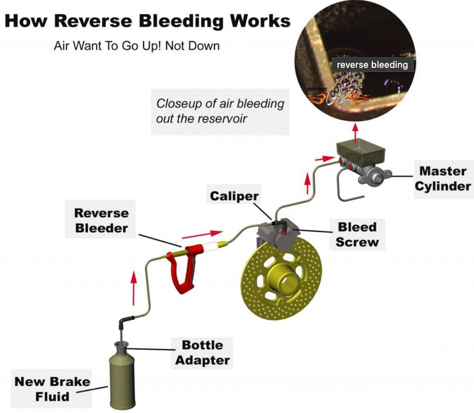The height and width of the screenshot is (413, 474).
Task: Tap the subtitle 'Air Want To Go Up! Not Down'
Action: tap(137, 45)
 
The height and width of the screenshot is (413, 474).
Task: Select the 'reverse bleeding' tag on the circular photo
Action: tap(372, 65)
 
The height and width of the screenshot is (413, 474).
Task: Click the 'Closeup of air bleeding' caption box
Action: tap(220, 111)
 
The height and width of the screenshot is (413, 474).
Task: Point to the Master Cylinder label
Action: tap(443, 179)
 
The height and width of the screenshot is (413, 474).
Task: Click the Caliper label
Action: tap(234, 196)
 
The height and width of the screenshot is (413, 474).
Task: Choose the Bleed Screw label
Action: tap(357, 234)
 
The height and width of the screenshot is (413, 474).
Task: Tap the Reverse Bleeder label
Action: tap(101, 220)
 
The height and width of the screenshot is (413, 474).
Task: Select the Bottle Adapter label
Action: tap(202, 353)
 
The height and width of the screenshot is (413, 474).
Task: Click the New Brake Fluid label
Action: tap(52, 389)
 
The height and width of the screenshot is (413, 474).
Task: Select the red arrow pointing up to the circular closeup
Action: tap(355, 131)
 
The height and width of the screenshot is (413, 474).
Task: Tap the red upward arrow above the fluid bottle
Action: tap(133, 288)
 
